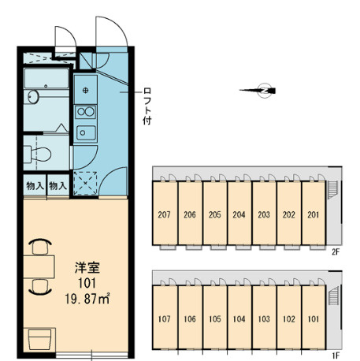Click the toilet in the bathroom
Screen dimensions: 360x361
point(37,154)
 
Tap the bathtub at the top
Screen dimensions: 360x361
point(46,79)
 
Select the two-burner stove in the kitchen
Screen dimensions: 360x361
point(86,112)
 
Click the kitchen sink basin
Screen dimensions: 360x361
point(86,132)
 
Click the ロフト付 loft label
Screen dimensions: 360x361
point(147,106)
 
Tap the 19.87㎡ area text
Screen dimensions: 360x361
point(87,299)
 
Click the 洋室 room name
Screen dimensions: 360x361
point(87,267)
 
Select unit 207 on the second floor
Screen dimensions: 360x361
point(164,214)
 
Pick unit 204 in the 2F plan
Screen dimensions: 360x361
point(239,214)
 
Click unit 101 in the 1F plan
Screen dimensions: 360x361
point(314,318)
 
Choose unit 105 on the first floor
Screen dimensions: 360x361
point(215,318)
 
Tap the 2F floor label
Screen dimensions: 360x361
point(336,252)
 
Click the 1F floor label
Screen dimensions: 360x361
point(336,356)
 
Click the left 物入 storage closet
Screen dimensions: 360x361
point(35,186)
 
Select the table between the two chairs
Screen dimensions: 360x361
point(39,266)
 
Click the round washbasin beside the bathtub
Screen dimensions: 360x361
point(33,97)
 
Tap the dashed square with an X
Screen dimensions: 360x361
point(85,183)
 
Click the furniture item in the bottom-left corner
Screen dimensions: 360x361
point(39,340)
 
